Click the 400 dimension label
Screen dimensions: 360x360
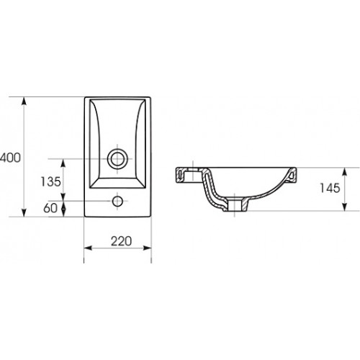coord(10,158)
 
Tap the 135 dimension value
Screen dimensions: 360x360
coord(50,181)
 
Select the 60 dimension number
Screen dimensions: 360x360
coord(50,208)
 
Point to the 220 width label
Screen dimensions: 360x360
coord(121,241)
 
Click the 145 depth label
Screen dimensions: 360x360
coord(330,188)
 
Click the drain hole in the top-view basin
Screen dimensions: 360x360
coord(117,159)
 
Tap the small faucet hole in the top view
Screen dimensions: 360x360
coord(117,201)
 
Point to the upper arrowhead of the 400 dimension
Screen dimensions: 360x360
coord(24,101)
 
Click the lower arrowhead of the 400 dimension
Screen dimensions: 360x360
coord(24,212)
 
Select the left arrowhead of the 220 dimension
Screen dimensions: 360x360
coord(88,248)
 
